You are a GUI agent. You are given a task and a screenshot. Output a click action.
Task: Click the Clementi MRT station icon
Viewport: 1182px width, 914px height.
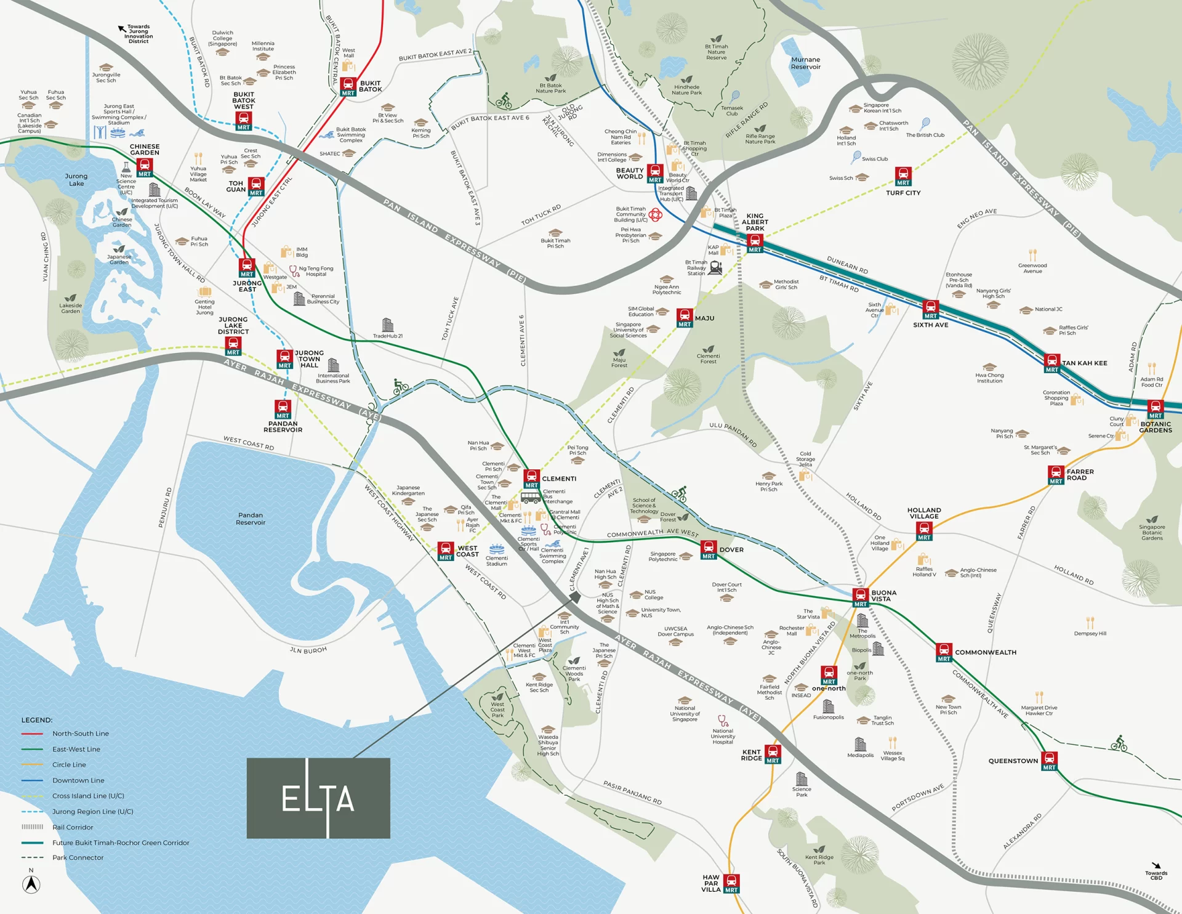click(531, 479)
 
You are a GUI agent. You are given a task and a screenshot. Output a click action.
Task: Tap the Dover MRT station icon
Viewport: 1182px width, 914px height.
click(709, 549)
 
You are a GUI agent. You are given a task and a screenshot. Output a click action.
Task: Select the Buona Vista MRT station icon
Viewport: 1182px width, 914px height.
click(860, 597)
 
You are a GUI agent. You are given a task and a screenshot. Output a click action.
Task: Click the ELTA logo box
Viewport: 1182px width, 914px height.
click(318, 798)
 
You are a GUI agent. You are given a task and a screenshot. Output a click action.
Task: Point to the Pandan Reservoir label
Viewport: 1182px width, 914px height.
click(251, 519)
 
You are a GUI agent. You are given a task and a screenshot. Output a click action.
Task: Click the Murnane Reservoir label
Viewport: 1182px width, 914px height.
click(805, 63)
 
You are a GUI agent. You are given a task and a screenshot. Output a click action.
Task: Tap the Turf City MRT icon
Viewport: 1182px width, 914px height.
click(903, 176)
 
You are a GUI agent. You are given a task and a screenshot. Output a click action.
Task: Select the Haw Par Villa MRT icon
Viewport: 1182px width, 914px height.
click(731, 883)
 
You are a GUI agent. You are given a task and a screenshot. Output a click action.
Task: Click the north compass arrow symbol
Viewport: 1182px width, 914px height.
click(31, 884)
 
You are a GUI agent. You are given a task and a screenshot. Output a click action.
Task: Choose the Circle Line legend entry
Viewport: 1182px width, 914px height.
click(69, 764)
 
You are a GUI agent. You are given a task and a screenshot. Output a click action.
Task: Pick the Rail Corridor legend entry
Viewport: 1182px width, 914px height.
click(73, 827)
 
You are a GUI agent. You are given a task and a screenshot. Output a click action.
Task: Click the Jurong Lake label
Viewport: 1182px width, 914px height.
click(76, 180)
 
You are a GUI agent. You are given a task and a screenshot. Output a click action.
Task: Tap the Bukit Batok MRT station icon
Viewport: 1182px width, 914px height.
click(348, 86)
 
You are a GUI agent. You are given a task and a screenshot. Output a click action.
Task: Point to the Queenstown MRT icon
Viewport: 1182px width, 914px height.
click(1050, 761)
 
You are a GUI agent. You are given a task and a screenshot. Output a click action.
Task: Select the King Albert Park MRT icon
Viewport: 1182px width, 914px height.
click(755, 243)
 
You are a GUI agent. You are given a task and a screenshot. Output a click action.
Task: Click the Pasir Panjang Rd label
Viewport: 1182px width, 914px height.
click(632, 792)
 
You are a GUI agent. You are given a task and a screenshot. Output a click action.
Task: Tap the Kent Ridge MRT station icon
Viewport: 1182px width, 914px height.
click(773, 754)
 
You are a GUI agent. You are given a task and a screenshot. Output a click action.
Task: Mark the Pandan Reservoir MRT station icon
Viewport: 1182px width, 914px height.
click(283, 409)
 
